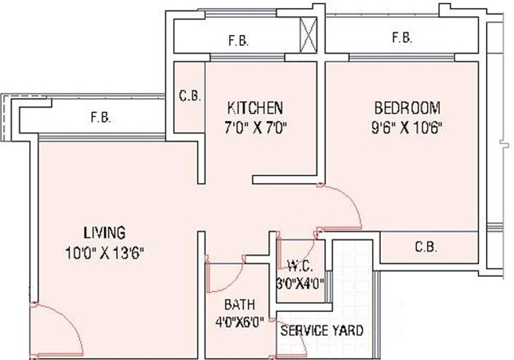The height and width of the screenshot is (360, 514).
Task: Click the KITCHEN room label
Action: (x=255, y=108)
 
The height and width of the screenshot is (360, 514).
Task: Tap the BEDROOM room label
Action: (x=407, y=108)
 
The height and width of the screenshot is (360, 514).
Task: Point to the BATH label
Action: (x=239, y=305)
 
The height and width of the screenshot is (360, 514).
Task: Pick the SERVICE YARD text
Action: (x=321, y=330)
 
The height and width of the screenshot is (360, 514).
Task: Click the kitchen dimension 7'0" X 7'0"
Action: (x=255, y=128)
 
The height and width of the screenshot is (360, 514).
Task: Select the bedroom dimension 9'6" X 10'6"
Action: (x=407, y=128)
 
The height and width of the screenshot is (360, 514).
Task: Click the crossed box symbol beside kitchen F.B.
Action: (x=309, y=35)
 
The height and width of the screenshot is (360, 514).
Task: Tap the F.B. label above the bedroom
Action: (x=402, y=38)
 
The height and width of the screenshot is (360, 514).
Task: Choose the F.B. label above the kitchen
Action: (x=238, y=41)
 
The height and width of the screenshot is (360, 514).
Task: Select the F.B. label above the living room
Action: (x=101, y=118)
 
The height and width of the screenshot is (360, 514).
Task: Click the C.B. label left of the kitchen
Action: (x=190, y=97)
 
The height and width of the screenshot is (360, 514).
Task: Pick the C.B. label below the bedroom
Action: (x=426, y=247)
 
